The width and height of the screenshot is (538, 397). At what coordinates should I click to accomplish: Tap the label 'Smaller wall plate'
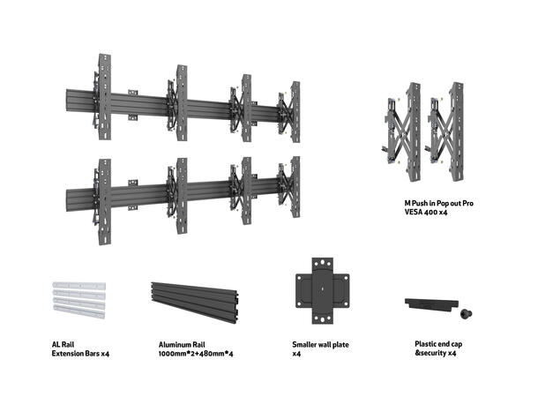pyautogui.click(x=319, y=345)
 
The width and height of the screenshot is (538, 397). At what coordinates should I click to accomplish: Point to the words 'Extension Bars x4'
pyautogui.click(x=80, y=354)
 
